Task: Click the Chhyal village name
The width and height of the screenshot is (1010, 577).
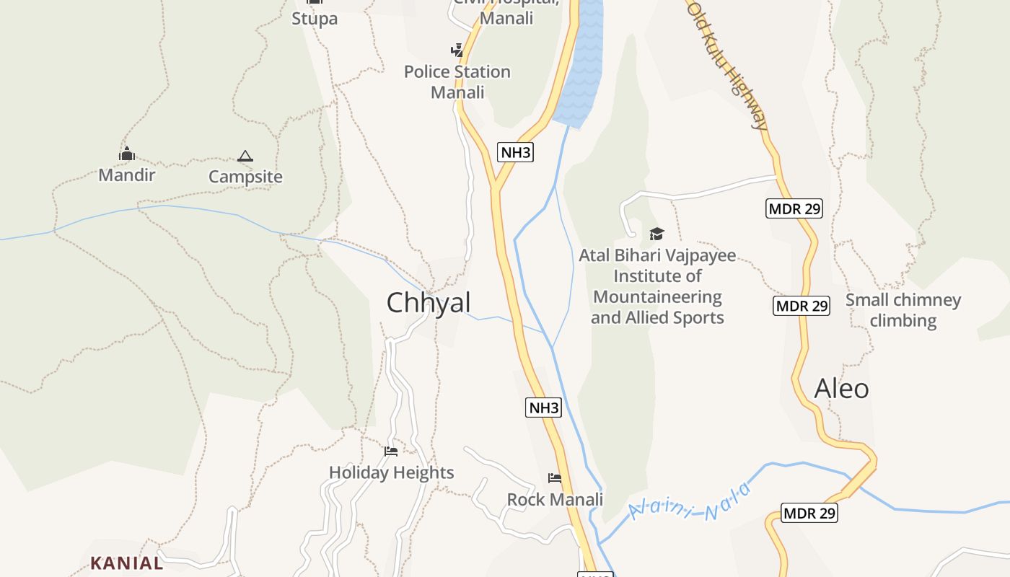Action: pyautogui.click(x=429, y=303)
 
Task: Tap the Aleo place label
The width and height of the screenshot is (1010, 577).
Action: pyautogui.click(x=841, y=389)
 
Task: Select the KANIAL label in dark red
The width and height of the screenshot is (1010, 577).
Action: pyautogui.click(x=127, y=563)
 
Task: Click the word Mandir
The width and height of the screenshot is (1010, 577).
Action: pyautogui.click(x=127, y=175)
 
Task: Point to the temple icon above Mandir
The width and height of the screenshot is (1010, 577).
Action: pyautogui.click(x=127, y=154)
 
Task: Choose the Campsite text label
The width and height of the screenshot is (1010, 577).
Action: pyautogui.click(x=245, y=177)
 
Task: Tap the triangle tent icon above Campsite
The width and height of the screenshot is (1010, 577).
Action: pyautogui.click(x=245, y=156)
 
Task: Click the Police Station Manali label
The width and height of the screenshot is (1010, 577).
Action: pyautogui.click(x=457, y=82)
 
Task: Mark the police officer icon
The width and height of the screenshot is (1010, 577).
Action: pyautogui.click(x=457, y=50)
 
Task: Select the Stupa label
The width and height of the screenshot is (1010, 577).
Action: pyautogui.click(x=315, y=19)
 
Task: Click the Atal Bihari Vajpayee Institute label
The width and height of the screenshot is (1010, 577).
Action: pyautogui.click(x=657, y=286)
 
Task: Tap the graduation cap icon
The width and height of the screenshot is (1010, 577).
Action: pyautogui.click(x=656, y=234)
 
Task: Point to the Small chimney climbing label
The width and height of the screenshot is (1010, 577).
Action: pyautogui.click(x=903, y=310)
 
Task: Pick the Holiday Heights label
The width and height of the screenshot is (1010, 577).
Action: pyautogui.click(x=392, y=472)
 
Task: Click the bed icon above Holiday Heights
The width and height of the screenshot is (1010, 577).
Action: pyautogui.click(x=391, y=452)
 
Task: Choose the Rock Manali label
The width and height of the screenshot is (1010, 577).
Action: pyautogui.click(x=555, y=499)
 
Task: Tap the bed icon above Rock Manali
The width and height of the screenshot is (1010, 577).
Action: pyautogui.click(x=555, y=477)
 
